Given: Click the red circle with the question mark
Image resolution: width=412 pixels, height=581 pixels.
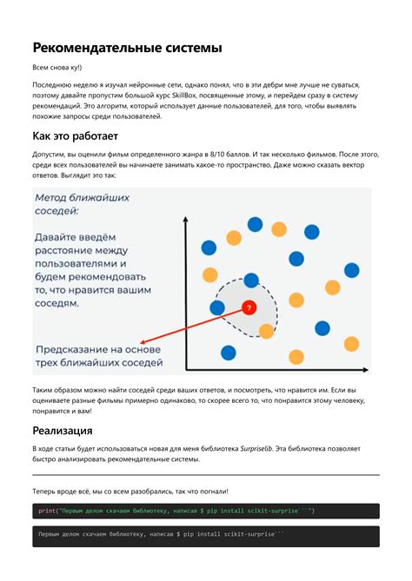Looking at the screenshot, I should (249, 307).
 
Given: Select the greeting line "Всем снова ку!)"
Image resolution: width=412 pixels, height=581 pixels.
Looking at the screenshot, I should (57, 67).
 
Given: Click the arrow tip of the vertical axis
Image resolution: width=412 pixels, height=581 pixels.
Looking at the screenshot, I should (186, 223).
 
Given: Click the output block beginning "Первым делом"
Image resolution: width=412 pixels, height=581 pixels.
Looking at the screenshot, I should (205, 536).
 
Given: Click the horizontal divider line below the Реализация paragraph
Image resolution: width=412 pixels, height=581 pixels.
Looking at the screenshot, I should (205, 475).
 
